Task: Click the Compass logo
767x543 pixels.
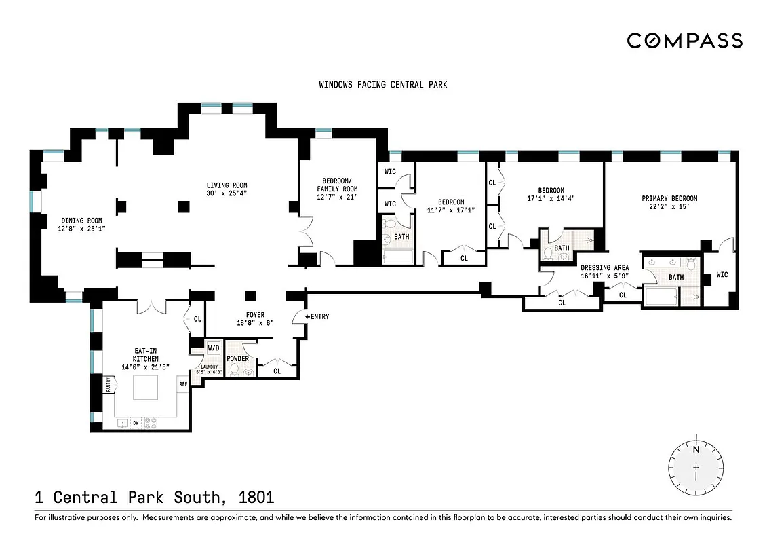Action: [x=684, y=41]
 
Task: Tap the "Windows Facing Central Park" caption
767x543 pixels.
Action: [x=383, y=85]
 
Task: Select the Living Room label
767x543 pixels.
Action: [x=227, y=185]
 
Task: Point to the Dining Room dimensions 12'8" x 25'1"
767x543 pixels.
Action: [x=81, y=229]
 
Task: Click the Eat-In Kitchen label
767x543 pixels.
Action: [x=146, y=354]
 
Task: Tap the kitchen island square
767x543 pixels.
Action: [x=146, y=388]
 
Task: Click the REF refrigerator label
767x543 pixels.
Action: [x=182, y=384]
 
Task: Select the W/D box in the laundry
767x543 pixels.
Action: [x=213, y=348]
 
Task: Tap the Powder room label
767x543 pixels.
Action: [x=237, y=358]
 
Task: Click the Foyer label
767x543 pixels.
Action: [x=255, y=315]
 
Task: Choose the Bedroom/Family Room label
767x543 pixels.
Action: [x=337, y=184]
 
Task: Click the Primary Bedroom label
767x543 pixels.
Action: [x=669, y=198]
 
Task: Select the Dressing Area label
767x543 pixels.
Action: [x=605, y=268]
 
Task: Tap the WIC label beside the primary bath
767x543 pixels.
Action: [x=722, y=275]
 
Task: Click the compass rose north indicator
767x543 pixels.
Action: [x=696, y=449]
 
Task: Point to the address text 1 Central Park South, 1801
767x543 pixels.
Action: [x=154, y=497]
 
